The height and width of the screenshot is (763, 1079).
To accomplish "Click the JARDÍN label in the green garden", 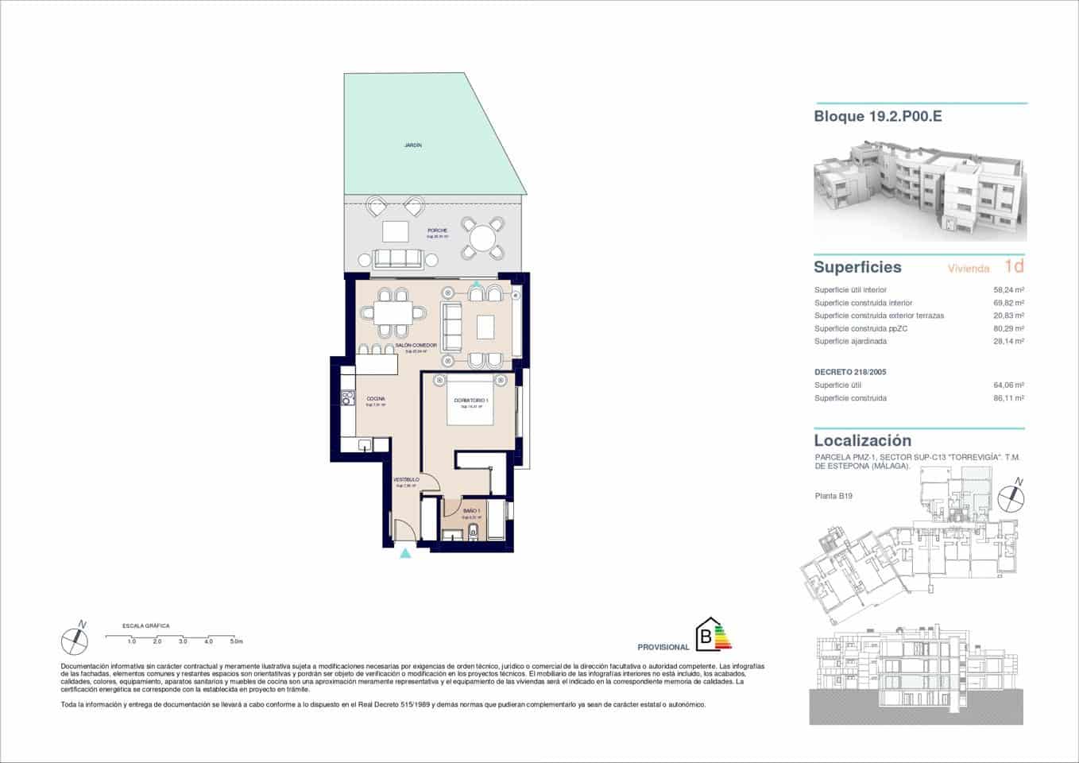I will pos(412,145).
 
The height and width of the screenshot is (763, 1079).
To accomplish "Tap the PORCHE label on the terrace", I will pos(437,231).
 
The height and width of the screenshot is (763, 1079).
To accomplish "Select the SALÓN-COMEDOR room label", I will pos(416,346).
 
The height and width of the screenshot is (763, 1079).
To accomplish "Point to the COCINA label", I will pos(376,399).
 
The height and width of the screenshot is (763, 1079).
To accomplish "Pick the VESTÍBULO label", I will pos(406,480).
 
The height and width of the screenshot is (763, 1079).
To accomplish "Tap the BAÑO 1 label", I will pos(471,511).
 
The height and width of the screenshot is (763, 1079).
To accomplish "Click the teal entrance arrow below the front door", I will pos(405,554).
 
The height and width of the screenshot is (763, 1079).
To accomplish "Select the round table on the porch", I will pos(483,238).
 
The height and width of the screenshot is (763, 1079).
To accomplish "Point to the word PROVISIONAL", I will pos(663,648).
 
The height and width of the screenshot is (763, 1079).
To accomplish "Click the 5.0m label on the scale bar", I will pos(236,641).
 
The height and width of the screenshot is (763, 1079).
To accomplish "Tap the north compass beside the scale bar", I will pos(75,639).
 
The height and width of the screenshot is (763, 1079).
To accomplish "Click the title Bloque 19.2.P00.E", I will pos(877,117).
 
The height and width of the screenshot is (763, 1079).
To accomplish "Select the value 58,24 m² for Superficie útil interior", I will pos(1008,290).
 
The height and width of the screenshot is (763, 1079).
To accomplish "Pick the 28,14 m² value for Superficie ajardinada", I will pos(1008,341).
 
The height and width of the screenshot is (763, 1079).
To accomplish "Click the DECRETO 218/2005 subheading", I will pos(849,372).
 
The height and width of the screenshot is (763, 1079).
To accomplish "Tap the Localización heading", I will pos(862,440).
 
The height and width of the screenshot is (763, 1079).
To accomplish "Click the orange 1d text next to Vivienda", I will pos(1014,266).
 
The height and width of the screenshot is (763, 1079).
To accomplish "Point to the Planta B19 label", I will pos(833,496).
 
